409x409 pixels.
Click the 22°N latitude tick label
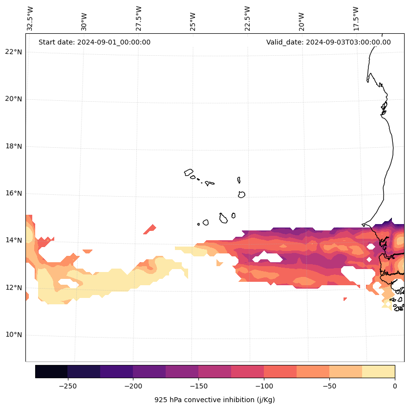coord(13,52)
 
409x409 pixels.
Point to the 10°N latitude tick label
coord(13,335)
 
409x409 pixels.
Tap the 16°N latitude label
coord(13,194)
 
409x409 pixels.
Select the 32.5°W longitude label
coord(30,19)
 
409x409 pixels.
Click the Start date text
coord(94,42)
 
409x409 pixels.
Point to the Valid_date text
coord(328,42)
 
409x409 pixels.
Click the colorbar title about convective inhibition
coord(215,400)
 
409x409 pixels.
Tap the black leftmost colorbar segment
coord(51,371)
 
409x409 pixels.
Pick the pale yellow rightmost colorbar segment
coord(378,371)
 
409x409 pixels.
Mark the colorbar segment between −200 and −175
coord(149,371)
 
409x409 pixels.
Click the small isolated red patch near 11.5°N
coord(345,299)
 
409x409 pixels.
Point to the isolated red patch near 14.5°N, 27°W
coord(151,229)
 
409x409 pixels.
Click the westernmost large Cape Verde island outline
coord(189,172)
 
